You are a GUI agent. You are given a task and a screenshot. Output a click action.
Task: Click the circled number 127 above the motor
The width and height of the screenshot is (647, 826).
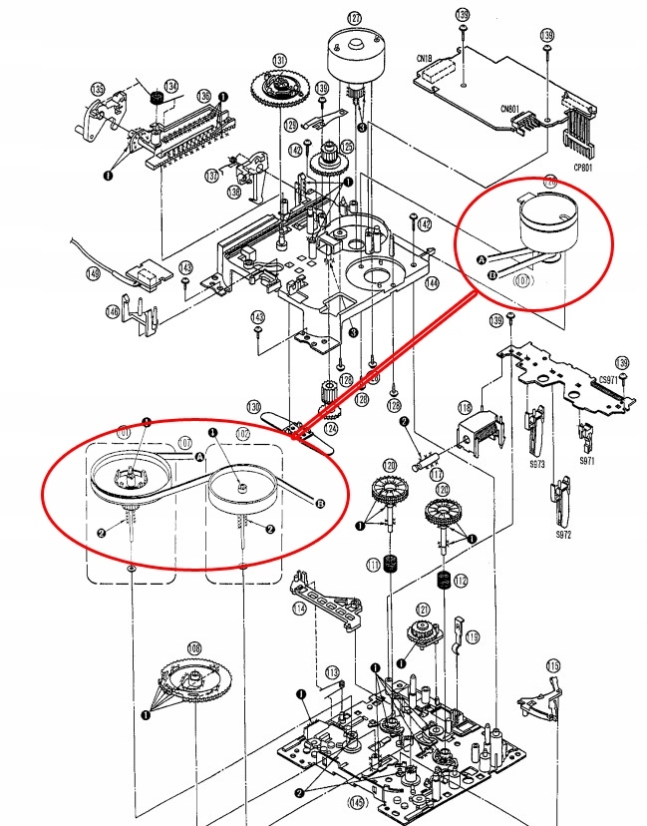355,18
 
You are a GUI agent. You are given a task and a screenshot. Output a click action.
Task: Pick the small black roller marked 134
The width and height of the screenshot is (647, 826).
157,99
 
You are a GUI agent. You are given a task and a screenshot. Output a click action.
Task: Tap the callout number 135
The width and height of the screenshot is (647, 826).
98,87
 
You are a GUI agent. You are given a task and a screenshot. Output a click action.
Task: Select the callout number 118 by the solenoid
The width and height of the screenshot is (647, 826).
465,409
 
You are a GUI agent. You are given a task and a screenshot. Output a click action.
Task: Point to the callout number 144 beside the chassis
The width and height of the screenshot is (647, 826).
432,283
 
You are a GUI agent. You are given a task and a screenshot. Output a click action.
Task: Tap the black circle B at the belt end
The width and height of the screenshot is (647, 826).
320,503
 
